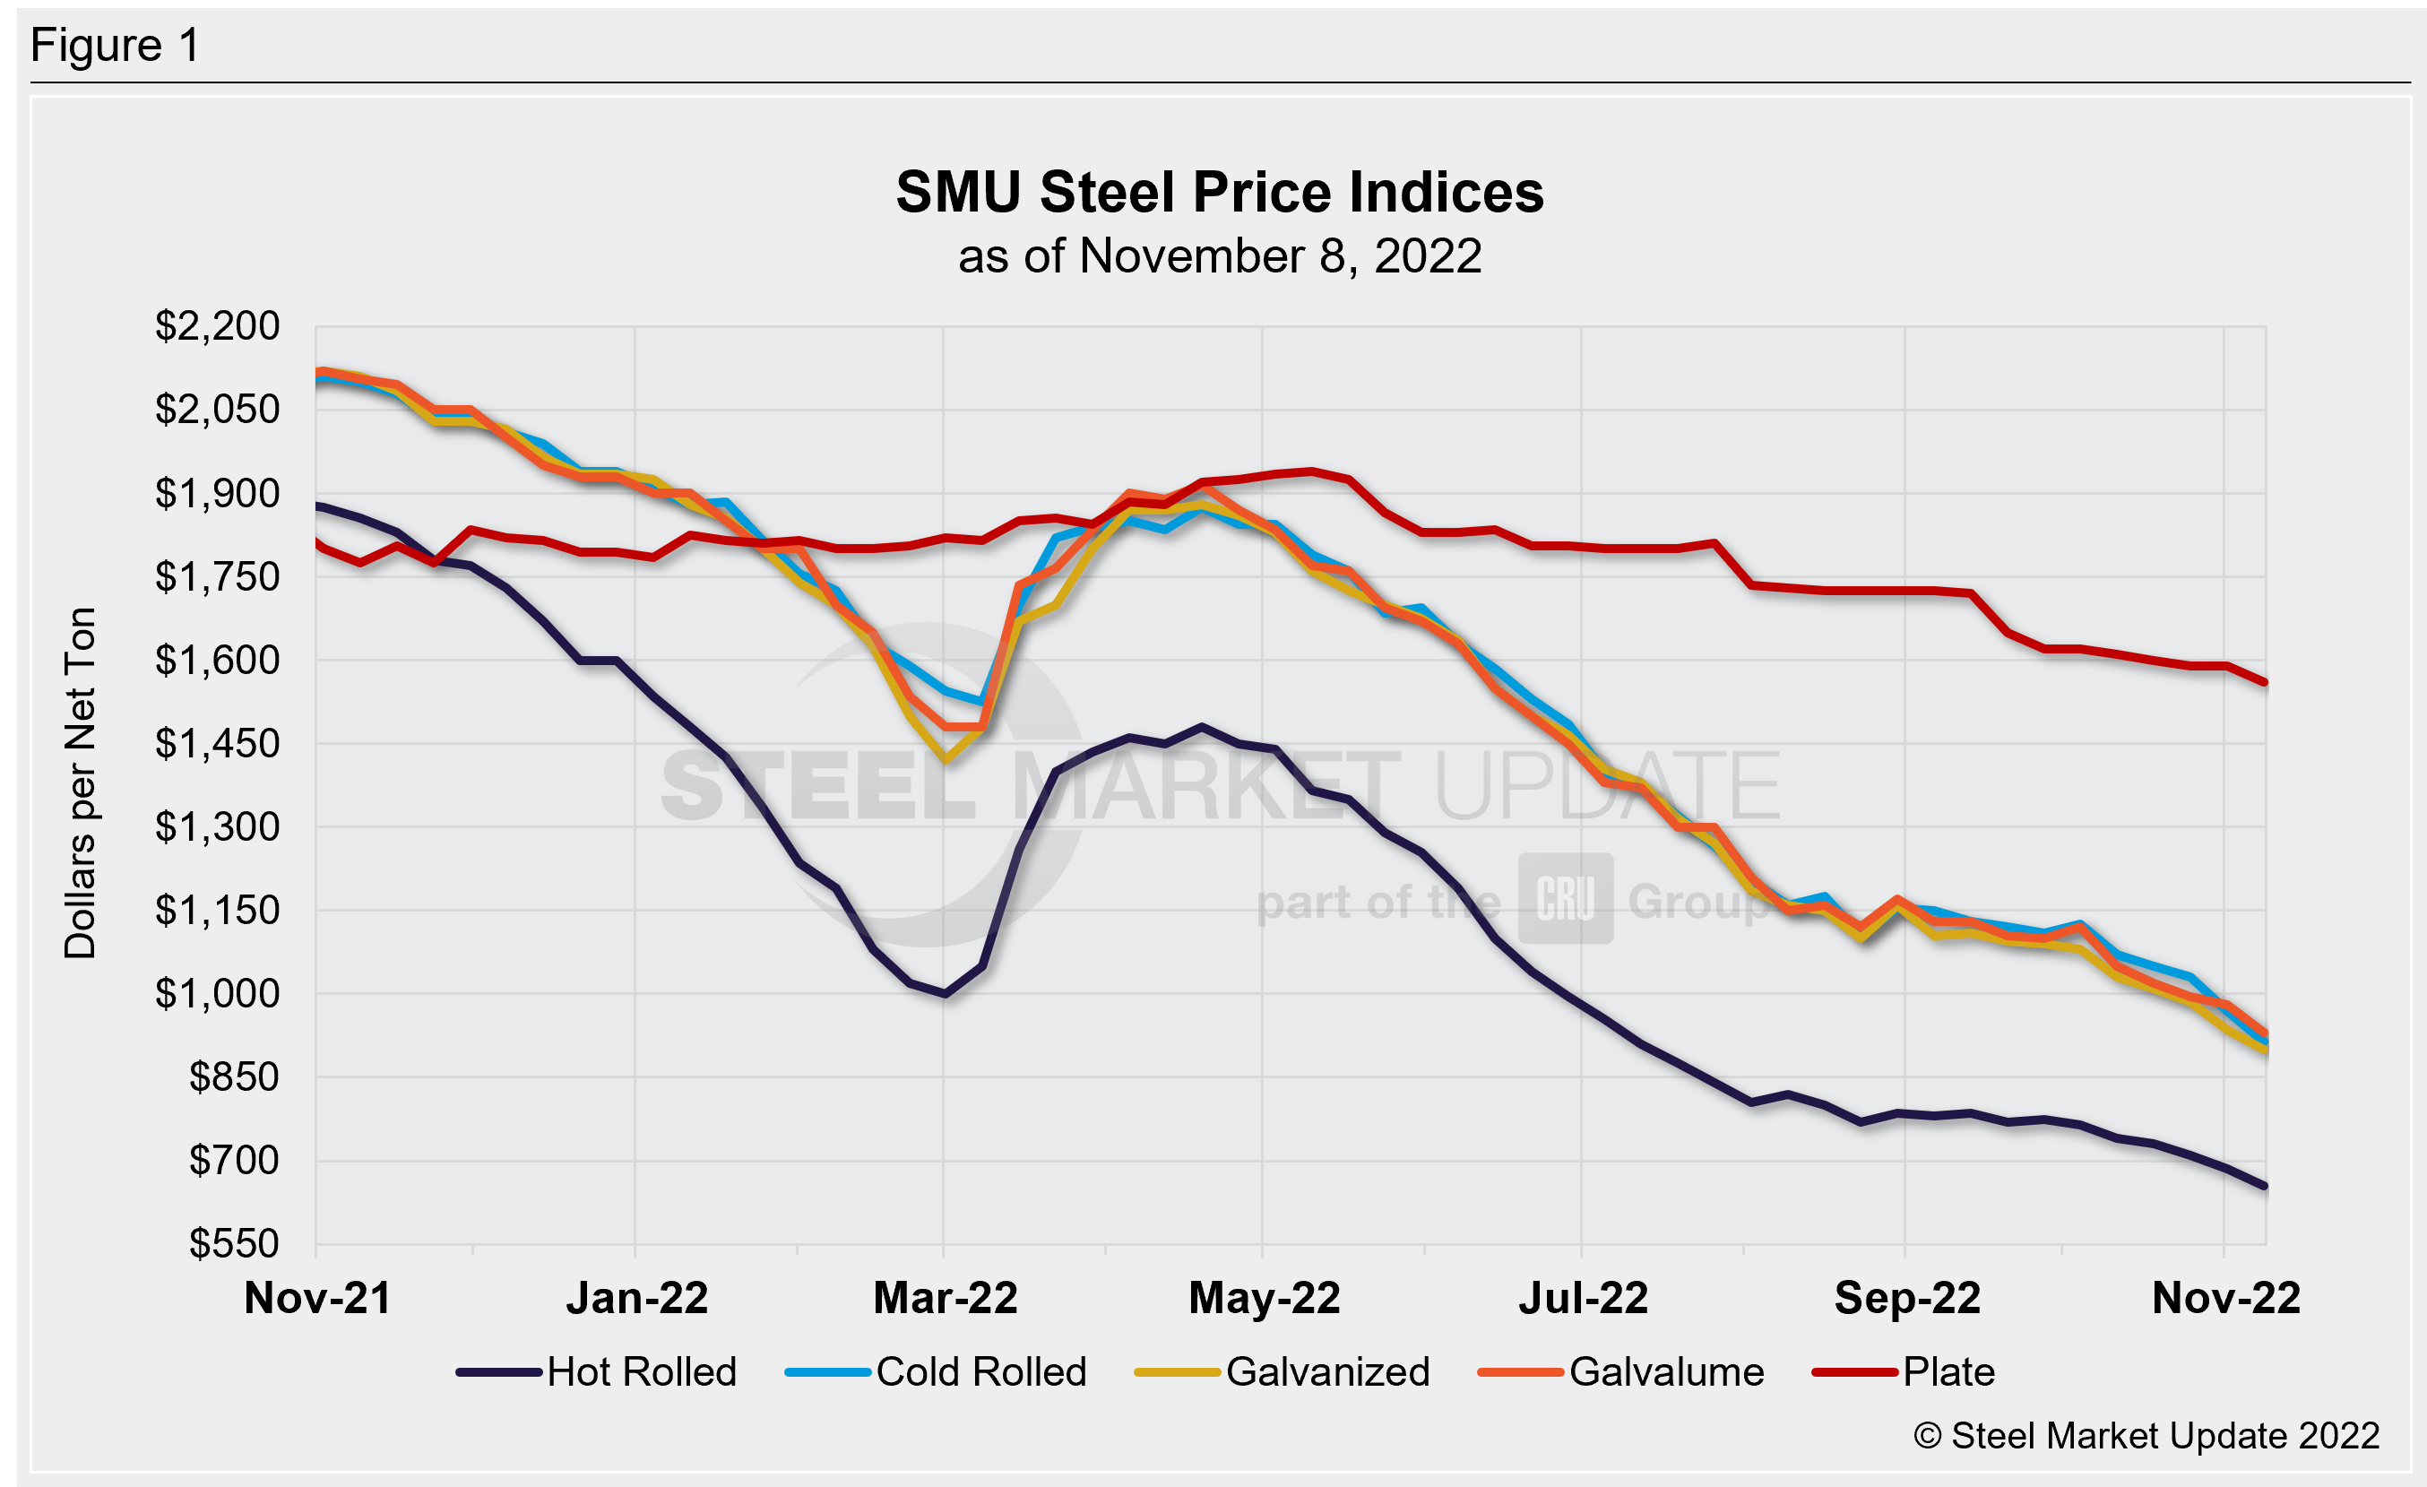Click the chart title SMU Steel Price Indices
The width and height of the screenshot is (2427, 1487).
1220,191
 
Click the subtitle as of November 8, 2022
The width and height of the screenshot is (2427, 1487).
1220,256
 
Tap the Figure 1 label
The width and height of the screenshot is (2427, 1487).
116,46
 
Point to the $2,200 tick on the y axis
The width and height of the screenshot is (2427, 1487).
217,326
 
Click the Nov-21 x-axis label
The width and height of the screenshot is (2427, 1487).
317,1298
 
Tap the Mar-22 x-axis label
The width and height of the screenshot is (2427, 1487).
945,1298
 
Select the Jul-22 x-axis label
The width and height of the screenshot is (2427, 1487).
1583,1298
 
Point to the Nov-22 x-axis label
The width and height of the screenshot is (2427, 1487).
2225,1298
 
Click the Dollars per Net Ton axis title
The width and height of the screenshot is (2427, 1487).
80,782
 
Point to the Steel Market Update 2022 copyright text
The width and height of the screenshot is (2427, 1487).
2146,1436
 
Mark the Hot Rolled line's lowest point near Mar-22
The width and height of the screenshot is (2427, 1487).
945,995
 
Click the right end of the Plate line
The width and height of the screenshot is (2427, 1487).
2266,681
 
